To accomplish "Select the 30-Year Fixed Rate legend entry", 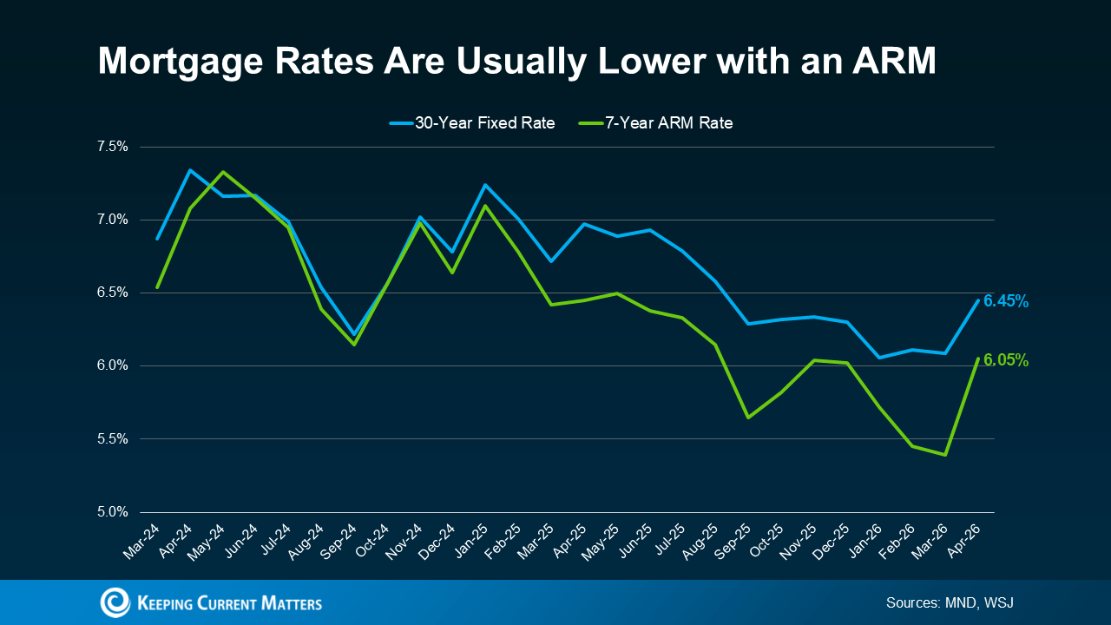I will tap(472, 123).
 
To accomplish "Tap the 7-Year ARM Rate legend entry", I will tap(655, 123).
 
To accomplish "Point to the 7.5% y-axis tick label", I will tap(112, 147).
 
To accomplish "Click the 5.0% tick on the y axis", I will tap(112, 512).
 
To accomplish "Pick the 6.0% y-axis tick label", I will tap(112, 365).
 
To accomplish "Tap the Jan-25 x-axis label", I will tap(470, 538).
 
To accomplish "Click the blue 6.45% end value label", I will tap(1006, 301).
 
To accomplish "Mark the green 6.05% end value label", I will tap(1006, 360).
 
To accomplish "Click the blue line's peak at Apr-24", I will tap(190, 170).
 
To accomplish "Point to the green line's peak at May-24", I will tap(223, 172).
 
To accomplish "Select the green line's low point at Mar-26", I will tap(944, 455).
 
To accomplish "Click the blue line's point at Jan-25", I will tap(485, 185).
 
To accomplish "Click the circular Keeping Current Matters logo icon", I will tap(115, 602).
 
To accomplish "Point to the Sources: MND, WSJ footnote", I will tap(949, 602).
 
